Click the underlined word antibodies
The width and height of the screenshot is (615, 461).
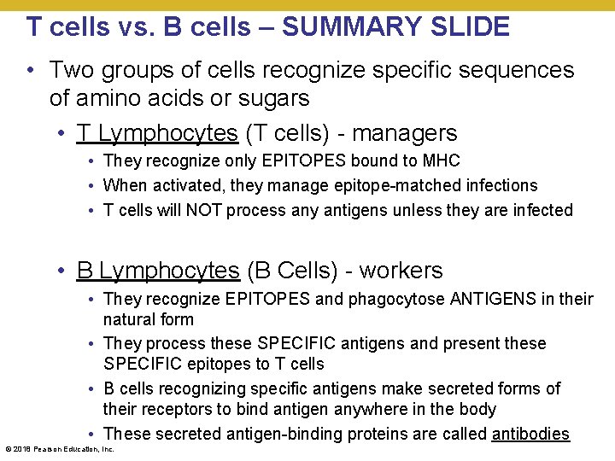click(530, 434)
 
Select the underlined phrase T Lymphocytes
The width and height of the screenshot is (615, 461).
click(156, 133)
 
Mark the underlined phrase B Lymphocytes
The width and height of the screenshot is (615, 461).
click(157, 271)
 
